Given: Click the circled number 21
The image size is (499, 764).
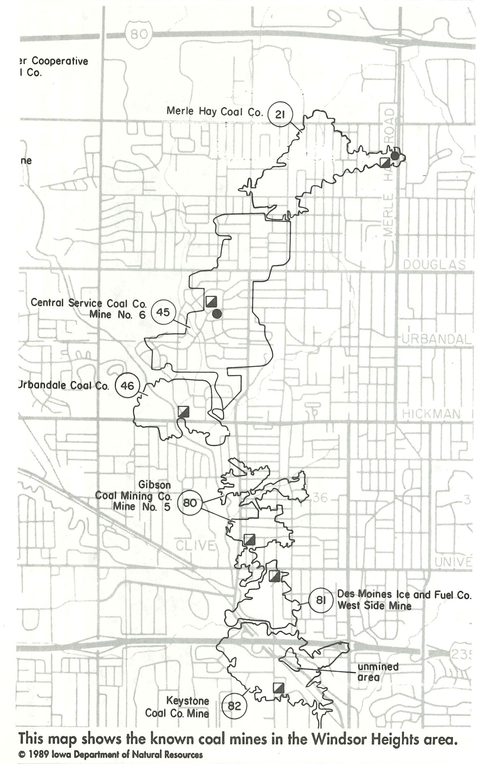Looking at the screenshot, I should [280, 114].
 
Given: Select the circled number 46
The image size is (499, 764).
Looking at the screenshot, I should [127, 386].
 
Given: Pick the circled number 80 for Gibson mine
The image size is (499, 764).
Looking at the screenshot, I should [190, 502].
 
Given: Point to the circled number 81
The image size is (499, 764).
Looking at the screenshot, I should [321, 600].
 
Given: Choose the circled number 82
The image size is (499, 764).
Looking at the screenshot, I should [234, 706].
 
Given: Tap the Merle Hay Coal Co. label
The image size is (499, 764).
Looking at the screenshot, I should [214, 112].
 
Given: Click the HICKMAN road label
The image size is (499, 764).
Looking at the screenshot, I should [431, 414].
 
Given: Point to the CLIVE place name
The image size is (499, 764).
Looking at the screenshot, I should [195, 546].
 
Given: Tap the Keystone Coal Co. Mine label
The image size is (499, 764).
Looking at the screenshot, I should [177, 707].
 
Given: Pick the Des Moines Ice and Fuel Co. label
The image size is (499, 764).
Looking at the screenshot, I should [404, 595].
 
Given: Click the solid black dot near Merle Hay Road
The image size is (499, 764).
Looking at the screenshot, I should [395, 156].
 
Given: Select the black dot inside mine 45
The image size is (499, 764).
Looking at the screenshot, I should [217, 314].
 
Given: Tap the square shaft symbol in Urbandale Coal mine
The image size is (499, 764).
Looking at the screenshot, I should [184, 411].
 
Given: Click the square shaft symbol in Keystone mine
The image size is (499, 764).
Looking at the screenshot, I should [278, 688].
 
